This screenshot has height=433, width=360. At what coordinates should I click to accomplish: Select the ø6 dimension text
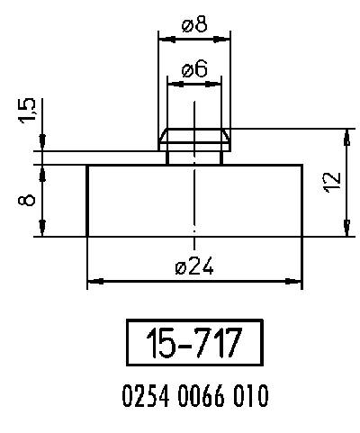[194, 69]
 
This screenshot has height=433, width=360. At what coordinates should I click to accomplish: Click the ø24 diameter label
[194, 268]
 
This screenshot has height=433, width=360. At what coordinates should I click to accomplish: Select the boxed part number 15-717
[194, 344]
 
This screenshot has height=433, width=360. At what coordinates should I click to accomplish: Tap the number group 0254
[143, 395]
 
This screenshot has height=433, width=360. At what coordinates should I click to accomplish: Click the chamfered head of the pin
[194, 139]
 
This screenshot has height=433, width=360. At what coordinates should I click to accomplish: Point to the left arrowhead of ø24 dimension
[92, 282]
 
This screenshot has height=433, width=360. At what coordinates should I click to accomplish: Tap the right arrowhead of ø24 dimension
[297, 282]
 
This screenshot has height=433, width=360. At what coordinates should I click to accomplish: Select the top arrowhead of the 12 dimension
[346, 134]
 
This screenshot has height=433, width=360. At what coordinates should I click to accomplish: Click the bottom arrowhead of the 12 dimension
[346, 231]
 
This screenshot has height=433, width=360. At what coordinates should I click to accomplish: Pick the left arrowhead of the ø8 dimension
[163, 39]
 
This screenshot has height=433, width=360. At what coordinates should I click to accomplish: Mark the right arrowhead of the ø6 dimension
[217, 83]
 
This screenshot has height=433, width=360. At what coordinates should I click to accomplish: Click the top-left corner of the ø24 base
[87, 165]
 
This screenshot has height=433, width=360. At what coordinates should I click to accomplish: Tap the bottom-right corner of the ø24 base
[302, 237]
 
